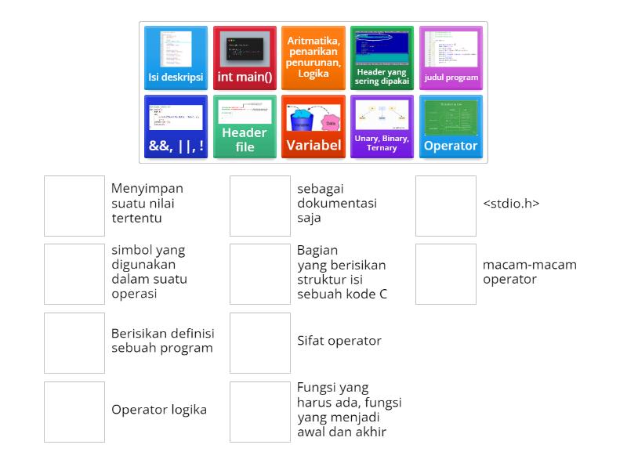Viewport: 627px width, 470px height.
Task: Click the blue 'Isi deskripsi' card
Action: [176, 58]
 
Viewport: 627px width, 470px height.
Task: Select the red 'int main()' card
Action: [245, 58]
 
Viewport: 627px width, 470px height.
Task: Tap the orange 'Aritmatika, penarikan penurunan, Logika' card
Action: [313, 58]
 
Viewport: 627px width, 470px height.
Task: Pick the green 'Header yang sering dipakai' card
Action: [382, 58]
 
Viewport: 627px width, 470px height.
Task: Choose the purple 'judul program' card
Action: [451, 58]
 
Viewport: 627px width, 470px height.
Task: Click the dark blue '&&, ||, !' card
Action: [176, 127]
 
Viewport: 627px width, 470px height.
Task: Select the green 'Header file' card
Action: [245, 127]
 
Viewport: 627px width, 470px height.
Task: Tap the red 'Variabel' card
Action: [313, 127]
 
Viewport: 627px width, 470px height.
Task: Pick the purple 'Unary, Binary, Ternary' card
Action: [382, 127]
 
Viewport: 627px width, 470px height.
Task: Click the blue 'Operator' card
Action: [451, 127]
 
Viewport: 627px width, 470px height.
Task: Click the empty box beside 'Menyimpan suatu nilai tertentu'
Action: [74, 206]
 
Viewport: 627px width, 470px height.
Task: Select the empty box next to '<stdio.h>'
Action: [446, 206]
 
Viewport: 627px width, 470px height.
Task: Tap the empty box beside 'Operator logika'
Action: [74, 412]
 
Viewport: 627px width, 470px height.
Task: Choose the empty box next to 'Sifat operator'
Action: [260, 343]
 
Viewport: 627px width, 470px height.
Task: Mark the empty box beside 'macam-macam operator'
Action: [446, 274]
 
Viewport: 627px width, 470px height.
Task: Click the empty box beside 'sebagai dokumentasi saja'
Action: [260, 206]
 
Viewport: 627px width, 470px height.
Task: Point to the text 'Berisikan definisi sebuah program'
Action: [162, 341]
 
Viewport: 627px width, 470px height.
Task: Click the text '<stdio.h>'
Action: [511, 204]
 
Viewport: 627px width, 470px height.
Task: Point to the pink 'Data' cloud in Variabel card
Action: [330, 124]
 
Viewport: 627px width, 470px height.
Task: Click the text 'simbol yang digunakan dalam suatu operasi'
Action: [149, 272]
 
